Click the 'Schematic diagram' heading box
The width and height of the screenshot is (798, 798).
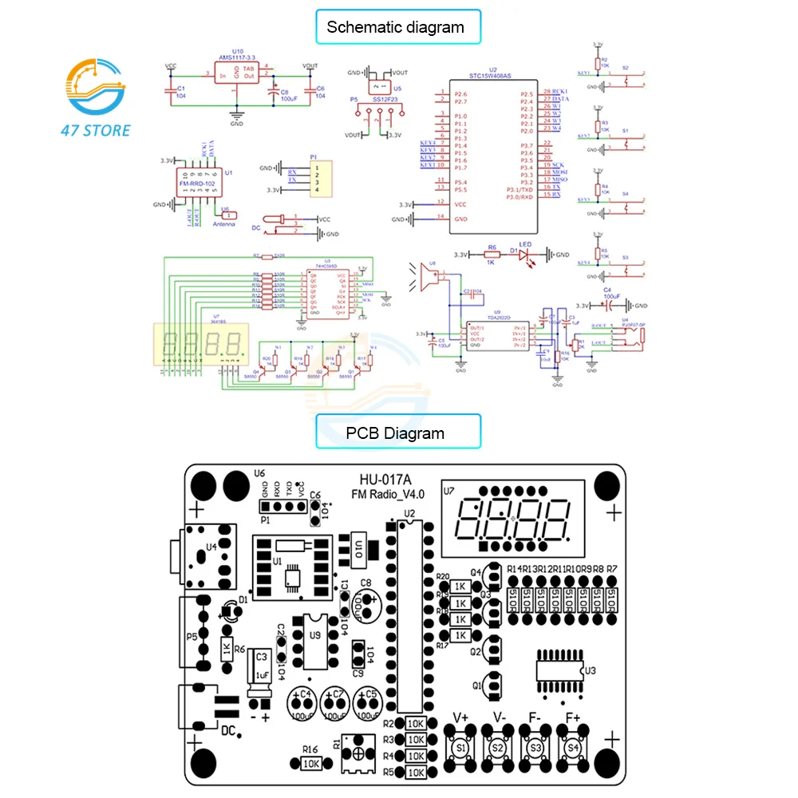coord(396,27)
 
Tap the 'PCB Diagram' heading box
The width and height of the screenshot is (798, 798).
coord(396,433)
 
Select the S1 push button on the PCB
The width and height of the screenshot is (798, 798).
coord(460,748)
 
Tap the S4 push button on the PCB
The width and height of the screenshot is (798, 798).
coord(572,748)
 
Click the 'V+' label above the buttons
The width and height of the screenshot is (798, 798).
coord(460,717)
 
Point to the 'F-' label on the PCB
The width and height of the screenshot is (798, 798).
coord(535,717)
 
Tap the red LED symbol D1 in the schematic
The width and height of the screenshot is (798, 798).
coord(525,255)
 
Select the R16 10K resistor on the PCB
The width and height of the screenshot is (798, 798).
coord(312,763)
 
